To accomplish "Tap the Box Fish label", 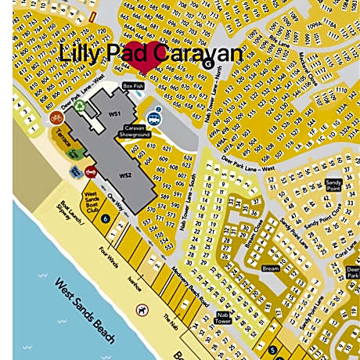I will tap(133, 86).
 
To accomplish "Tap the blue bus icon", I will tap(155, 119).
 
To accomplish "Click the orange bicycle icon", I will tap(56, 118).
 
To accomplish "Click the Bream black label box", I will tap(270, 268).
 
